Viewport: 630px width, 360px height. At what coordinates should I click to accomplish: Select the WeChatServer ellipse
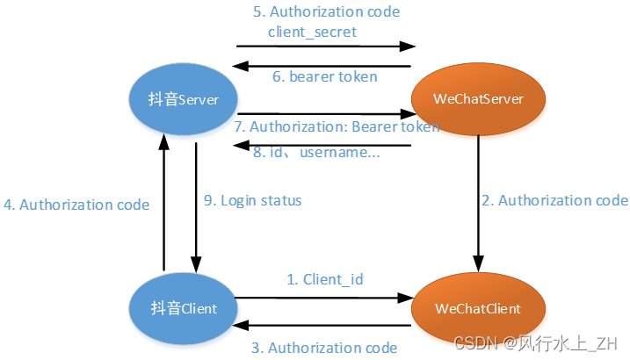click(479, 99)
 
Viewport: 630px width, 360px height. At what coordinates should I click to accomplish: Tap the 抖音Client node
click(183, 309)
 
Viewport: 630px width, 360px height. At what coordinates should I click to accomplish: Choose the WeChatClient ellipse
click(478, 309)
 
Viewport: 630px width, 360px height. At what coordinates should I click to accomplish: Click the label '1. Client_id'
click(325, 279)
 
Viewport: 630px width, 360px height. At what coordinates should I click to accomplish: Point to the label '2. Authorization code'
click(554, 200)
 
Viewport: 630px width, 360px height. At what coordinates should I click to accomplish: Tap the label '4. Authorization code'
click(76, 205)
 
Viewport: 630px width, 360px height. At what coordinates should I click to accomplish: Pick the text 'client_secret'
click(314, 31)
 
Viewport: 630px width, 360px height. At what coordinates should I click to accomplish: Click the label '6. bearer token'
click(325, 76)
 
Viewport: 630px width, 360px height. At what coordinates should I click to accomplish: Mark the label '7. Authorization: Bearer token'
click(337, 127)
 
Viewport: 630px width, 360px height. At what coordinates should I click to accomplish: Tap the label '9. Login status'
click(253, 200)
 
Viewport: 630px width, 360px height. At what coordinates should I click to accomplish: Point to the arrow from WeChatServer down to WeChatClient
click(479, 202)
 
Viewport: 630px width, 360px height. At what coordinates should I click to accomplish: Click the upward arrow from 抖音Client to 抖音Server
click(163, 202)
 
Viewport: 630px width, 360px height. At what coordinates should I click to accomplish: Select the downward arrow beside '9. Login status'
click(196, 202)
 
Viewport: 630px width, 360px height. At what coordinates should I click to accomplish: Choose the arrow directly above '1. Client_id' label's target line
click(325, 297)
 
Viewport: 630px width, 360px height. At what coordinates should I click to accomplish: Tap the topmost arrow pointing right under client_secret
click(325, 47)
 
